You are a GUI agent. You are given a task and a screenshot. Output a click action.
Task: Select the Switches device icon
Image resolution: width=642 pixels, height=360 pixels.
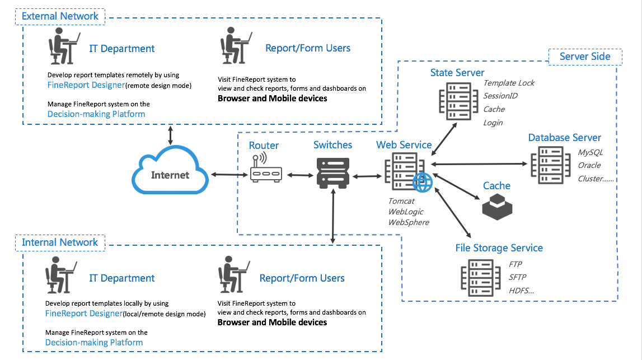333,173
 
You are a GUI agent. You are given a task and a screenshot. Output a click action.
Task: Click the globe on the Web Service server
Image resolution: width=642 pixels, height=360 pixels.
422,183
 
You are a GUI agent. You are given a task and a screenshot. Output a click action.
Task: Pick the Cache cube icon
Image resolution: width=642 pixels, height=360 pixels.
497,207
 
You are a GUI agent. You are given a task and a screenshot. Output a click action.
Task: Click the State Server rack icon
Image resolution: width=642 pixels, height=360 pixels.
458,101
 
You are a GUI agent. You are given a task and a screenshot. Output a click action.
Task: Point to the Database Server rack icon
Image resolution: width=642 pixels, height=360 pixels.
550,166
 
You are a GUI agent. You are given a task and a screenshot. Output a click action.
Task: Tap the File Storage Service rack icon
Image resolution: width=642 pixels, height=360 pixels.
481,278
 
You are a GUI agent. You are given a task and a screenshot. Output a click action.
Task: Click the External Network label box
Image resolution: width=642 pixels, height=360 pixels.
60,16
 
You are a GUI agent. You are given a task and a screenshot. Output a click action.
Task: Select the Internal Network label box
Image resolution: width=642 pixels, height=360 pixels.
60,242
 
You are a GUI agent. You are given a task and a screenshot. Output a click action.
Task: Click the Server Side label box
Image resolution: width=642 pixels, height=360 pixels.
585,57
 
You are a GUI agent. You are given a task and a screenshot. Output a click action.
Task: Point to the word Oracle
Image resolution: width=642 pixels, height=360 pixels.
589,166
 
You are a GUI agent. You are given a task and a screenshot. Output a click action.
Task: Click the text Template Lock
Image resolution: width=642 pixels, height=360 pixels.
509,83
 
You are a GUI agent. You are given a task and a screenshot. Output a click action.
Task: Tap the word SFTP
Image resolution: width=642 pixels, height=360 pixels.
518,277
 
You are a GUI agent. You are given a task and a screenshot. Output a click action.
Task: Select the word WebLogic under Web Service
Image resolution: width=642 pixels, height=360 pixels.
406,212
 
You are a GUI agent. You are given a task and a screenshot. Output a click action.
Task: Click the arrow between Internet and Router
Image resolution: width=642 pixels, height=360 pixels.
229,175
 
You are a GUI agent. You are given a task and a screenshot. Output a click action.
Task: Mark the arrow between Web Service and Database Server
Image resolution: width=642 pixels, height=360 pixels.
479,164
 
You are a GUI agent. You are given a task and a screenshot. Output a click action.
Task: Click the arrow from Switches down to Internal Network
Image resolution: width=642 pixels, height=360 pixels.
333,216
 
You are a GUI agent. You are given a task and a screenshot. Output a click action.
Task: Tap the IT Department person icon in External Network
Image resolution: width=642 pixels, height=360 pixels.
63,46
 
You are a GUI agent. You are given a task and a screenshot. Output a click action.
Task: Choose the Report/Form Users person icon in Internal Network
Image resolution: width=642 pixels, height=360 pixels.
233,274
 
